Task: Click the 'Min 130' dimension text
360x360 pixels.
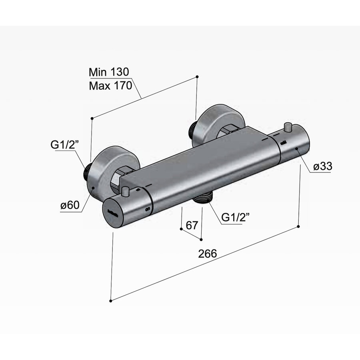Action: point(109,72)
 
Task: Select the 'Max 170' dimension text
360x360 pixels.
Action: point(110,86)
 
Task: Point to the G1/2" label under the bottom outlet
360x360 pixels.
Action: point(236,217)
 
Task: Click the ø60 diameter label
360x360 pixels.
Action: point(70,206)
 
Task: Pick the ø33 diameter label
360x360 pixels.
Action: point(323,167)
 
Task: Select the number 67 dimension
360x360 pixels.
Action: point(192,225)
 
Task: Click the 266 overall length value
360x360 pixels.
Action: point(207,254)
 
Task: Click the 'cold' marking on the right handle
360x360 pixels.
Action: point(283,142)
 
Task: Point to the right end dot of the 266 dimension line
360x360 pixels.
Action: point(298,227)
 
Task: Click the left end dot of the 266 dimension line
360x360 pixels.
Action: point(111,300)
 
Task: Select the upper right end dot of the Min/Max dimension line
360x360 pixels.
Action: point(197,76)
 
